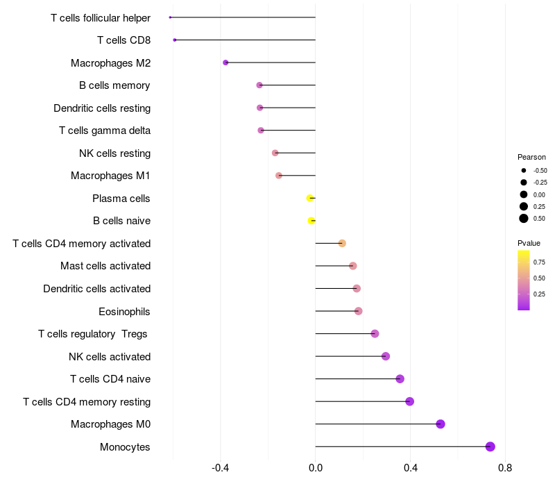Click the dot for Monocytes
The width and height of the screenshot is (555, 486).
click(x=490, y=446)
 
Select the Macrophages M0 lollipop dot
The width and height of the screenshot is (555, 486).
click(x=440, y=424)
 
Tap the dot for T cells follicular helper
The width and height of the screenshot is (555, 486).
click(x=170, y=17)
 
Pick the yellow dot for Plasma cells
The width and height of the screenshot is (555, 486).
click(x=310, y=198)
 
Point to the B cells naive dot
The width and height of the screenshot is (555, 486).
click(x=311, y=221)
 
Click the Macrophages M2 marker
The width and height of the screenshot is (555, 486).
click(x=225, y=62)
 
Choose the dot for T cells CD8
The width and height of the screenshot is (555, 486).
click(x=175, y=40)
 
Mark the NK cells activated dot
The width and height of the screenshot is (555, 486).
click(x=386, y=356)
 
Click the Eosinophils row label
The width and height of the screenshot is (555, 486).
click(x=124, y=311)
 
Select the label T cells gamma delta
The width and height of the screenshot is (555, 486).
click(x=105, y=131)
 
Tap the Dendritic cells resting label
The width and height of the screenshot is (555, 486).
click(x=102, y=108)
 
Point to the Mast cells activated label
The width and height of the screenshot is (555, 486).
click(x=105, y=266)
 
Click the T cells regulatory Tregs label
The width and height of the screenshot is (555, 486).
click(x=93, y=334)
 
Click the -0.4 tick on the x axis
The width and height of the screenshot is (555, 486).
click(x=221, y=469)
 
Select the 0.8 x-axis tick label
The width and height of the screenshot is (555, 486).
click(x=505, y=469)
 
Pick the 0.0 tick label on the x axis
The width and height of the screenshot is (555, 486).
click(x=316, y=469)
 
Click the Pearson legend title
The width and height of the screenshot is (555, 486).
click(x=531, y=157)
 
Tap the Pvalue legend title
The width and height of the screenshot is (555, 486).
click(x=529, y=243)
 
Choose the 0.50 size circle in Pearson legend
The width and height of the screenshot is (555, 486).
click(x=523, y=219)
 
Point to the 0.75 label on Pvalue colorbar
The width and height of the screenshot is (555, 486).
click(x=539, y=262)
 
